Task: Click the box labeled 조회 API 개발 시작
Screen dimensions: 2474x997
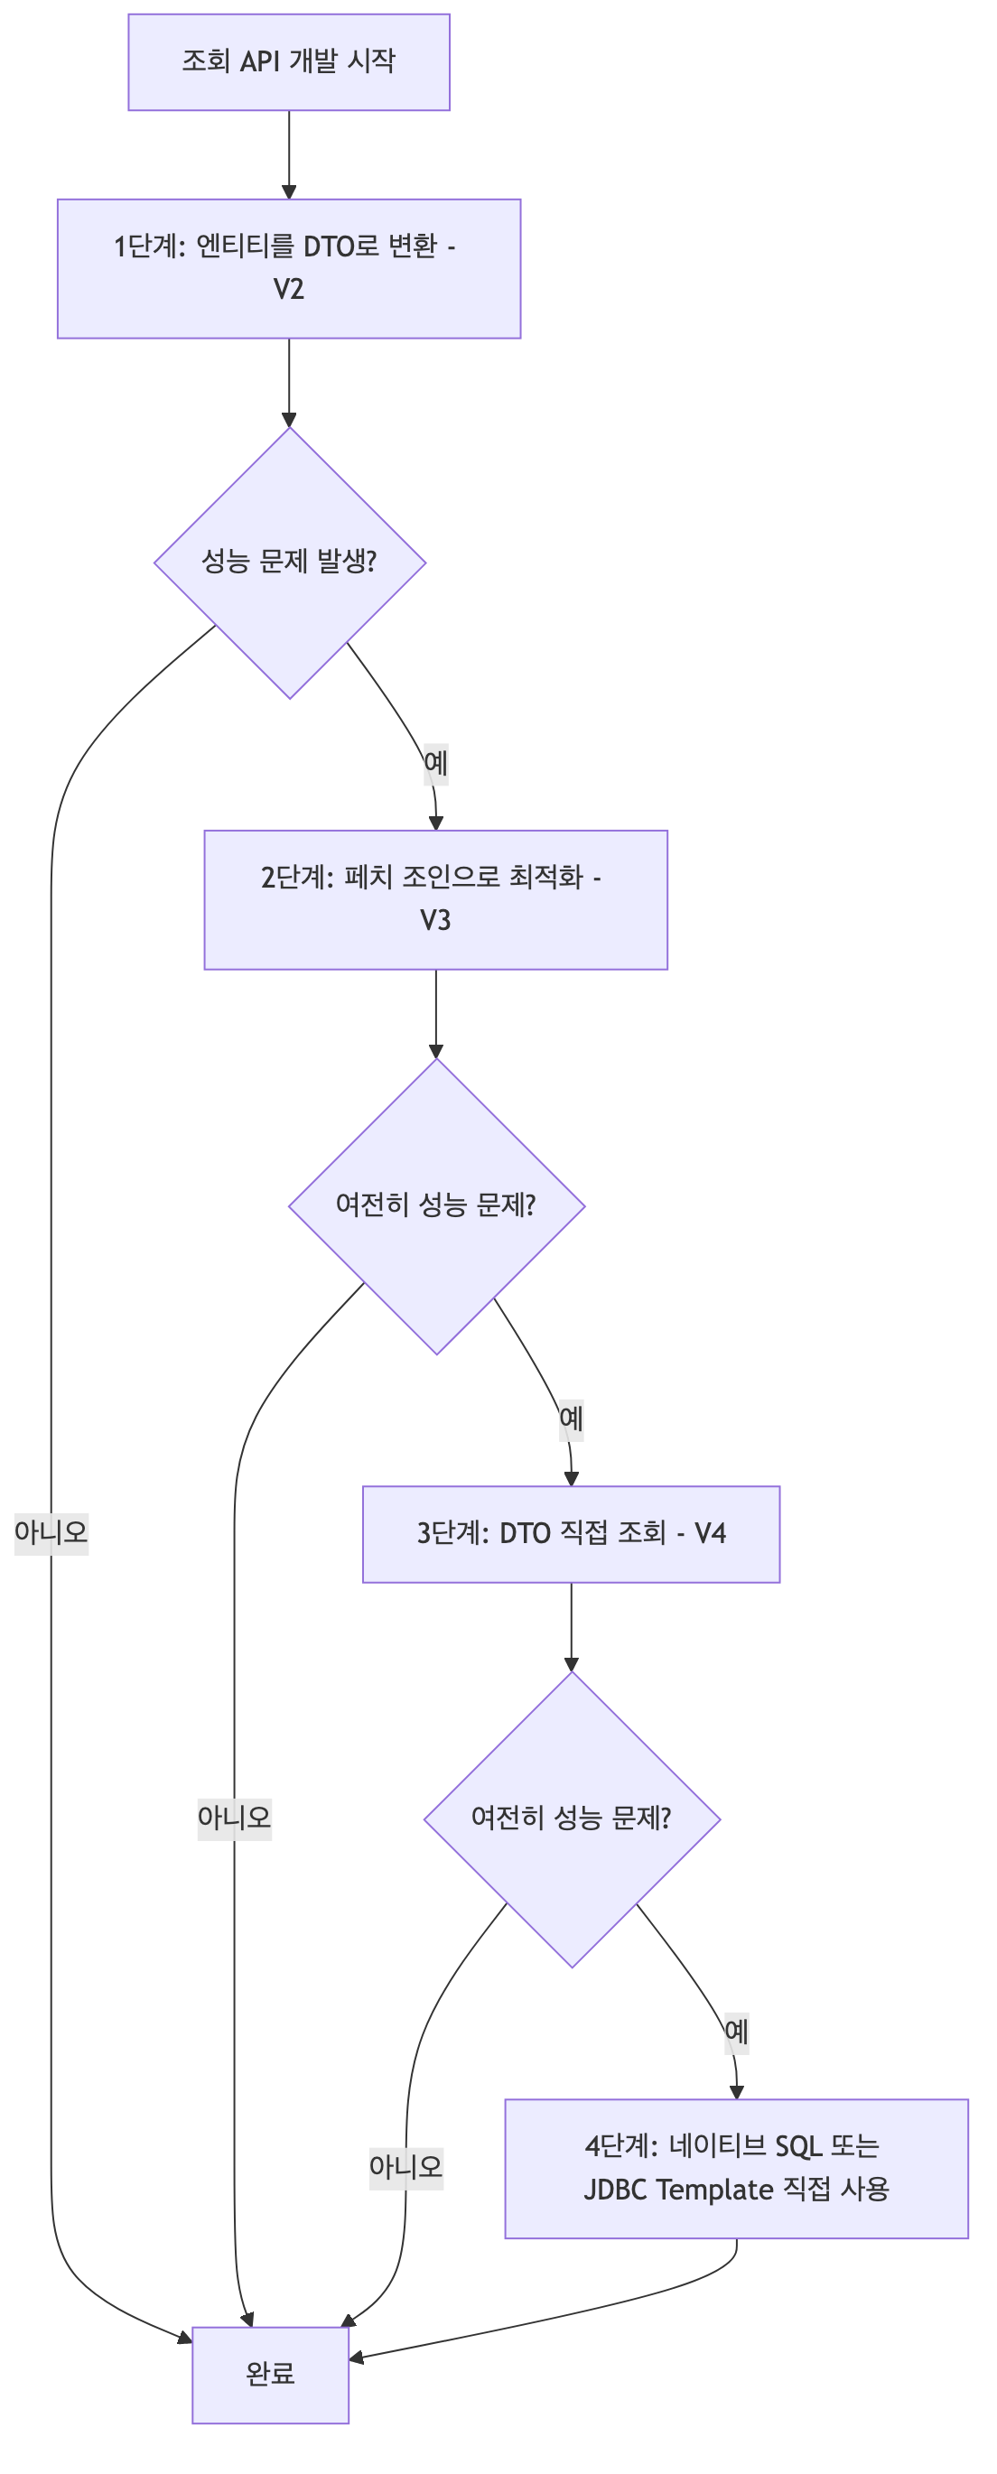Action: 288,62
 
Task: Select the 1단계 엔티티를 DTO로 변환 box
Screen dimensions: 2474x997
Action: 288,268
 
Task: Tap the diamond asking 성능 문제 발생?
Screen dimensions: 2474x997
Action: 289,563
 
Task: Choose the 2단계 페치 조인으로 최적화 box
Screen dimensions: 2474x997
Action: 435,899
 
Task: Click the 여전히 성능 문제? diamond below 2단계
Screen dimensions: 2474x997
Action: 436,1206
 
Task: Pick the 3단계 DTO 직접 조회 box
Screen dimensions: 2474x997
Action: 571,1534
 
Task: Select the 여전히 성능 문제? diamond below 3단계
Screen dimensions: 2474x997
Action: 572,1819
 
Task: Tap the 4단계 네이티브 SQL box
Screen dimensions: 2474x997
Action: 736,2169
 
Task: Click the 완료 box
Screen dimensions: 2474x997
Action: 270,2374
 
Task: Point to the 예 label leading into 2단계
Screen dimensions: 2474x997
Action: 436,765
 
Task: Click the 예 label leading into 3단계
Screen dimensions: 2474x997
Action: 572,1418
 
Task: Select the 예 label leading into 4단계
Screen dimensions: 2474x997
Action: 737,2032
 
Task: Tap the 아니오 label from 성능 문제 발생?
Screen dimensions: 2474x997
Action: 51,1533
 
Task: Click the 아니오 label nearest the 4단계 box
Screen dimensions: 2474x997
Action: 405,2168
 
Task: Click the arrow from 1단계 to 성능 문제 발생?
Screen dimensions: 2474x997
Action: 289,382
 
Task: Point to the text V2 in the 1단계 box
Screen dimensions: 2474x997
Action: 288,289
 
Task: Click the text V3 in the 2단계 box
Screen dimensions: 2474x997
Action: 435,920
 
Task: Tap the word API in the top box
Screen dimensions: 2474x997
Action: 259,61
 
